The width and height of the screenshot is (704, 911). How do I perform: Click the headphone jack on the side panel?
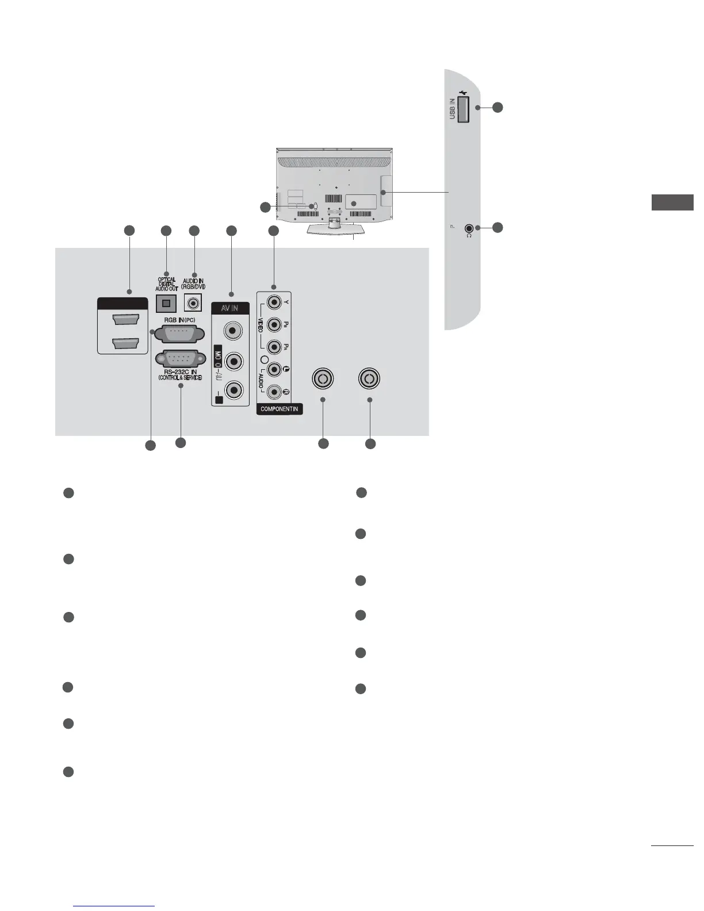[x=469, y=228]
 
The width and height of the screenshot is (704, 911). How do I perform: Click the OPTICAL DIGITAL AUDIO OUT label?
[x=167, y=284]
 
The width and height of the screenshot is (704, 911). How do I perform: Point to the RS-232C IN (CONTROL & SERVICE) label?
[x=180, y=375]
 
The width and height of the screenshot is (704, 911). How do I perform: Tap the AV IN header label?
[x=230, y=309]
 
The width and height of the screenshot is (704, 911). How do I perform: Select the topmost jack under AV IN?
[x=233, y=331]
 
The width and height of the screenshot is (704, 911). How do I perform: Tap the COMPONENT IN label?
[x=279, y=409]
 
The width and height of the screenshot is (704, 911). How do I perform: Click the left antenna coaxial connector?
[x=323, y=379]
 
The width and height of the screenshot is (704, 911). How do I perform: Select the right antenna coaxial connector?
[x=369, y=379]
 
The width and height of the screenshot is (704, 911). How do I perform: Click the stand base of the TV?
[x=334, y=231]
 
